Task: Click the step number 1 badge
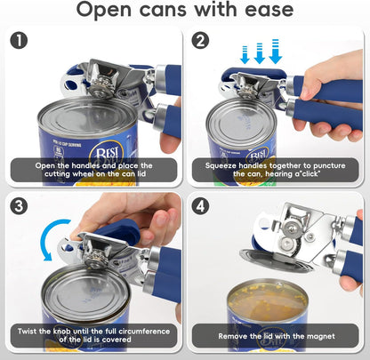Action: pos(19,41)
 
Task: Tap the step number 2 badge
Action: pos(200,41)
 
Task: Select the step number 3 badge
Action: pos(19,206)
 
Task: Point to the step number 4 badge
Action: pos(200,206)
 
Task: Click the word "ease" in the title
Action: pos(269,10)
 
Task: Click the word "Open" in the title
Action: pos(104,11)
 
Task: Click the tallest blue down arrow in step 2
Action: pos(276,52)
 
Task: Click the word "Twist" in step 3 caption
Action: pos(26,331)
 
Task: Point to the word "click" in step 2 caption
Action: pos(310,174)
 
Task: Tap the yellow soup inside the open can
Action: pos(268,301)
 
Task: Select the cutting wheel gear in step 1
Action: pos(101,90)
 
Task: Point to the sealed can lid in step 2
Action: pos(242,121)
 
